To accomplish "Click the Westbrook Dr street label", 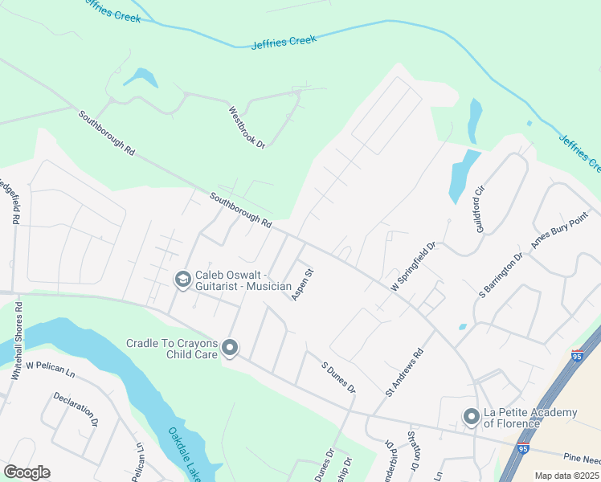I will pyautogui.click(x=247, y=127).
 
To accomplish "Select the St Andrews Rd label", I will pyautogui.click(x=404, y=372).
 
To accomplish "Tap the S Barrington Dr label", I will pyautogui.click(x=501, y=276).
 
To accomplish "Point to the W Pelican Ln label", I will pyautogui.click(x=50, y=365).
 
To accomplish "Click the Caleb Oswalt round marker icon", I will pyautogui.click(x=182, y=280).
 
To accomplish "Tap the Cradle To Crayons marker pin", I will pyautogui.click(x=231, y=348).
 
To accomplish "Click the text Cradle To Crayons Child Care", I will pyautogui.click(x=173, y=349).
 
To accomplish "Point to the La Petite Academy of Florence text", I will pyautogui.click(x=529, y=418).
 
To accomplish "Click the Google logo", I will pyautogui.click(x=27, y=472).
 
